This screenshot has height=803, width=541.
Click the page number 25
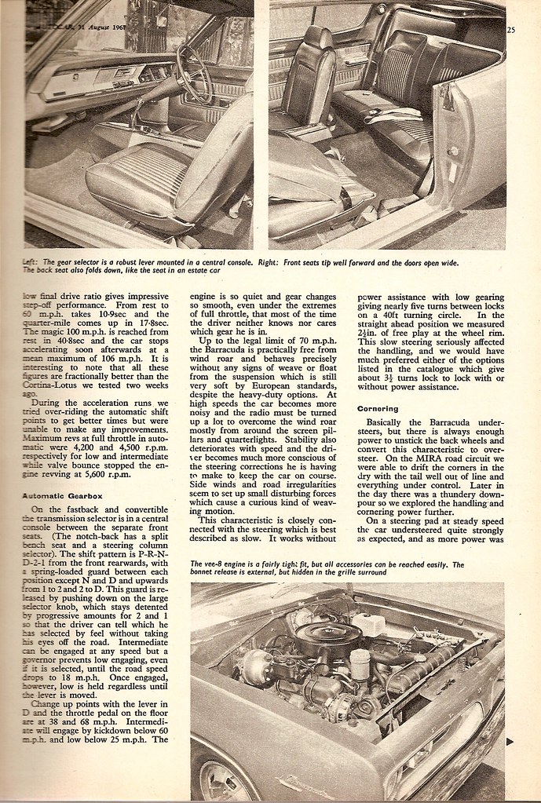[x=511, y=31]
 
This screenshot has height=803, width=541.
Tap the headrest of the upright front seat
[x=317, y=38]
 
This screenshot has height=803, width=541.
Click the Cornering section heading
[x=377, y=408]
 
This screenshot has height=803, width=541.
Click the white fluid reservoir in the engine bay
[x=367, y=624]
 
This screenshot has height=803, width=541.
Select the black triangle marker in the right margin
[x=510, y=740]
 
